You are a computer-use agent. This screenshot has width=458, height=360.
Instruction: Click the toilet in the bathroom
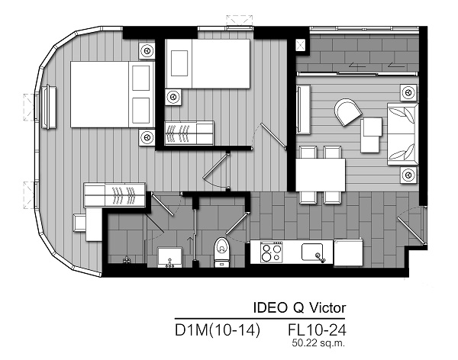[x=222, y=252]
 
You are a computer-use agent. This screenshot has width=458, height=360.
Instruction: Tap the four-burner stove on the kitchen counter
[x=271, y=252]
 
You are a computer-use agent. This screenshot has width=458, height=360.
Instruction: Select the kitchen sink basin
[x=312, y=252]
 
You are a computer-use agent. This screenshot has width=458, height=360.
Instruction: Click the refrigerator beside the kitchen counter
[x=348, y=252]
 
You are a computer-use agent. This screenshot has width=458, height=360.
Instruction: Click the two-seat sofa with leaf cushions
[x=402, y=134]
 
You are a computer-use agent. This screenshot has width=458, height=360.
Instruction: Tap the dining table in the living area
[x=321, y=175]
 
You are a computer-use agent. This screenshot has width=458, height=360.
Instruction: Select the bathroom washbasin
[x=170, y=257]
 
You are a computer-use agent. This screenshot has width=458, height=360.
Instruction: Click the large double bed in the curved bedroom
[x=112, y=95]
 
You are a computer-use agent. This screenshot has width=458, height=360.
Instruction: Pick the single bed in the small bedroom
[x=208, y=64]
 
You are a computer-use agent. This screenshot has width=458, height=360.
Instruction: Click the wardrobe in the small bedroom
[x=189, y=133]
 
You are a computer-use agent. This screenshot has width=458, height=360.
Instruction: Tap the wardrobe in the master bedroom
[x=114, y=194]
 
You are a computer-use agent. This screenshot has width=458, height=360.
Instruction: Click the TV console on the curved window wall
[x=48, y=107]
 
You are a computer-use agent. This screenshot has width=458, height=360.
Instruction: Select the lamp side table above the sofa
[x=408, y=92]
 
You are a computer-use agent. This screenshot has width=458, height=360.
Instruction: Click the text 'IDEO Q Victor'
[x=299, y=307]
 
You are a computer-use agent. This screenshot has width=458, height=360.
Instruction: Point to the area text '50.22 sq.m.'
[x=318, y=342]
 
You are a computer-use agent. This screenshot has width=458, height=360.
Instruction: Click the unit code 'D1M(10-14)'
[x=218, y=330]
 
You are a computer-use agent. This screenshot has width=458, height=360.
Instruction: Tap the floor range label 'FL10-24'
[x=317, y=330]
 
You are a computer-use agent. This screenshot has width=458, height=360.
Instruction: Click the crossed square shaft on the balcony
[x=301, y=45]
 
